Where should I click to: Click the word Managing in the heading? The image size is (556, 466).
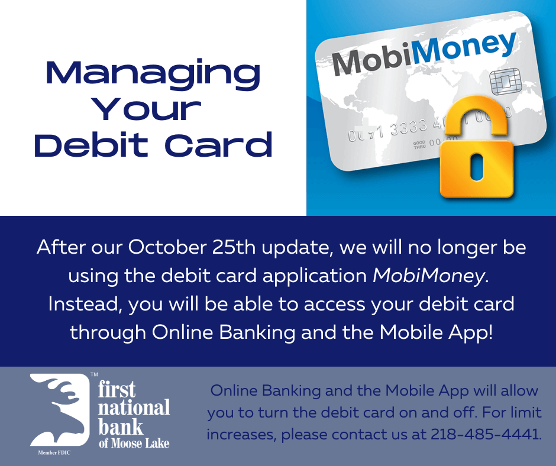[x=153, y=75]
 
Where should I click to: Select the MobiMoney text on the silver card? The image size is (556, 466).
[x=424, y=53]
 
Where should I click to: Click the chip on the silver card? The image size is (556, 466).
[x=505, y=81]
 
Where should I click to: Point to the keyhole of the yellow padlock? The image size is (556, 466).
[x=477, y=166]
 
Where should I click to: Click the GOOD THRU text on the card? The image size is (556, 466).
[x=419, y=144]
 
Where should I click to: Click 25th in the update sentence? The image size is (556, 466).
[x=234, y=247]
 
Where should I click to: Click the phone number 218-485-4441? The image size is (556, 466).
[x=486, y=434]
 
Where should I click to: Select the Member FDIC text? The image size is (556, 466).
[x=54, y=452]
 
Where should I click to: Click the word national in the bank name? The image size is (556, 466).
[x=134, y=408]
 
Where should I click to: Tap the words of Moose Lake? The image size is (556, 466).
[x=134, y=443]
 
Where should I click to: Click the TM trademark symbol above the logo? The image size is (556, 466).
[x=94, y=374]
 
